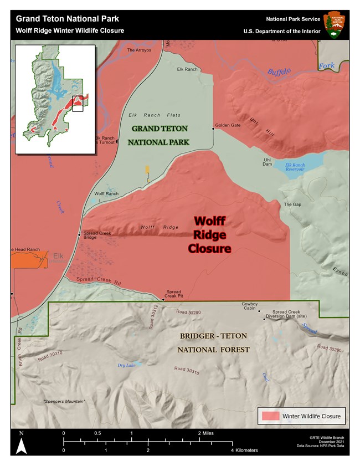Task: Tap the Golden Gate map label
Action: click(228, 125)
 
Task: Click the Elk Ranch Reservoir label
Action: click(295, 167)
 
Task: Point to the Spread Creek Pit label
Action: click(174, 294)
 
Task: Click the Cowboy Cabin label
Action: click(250, 306)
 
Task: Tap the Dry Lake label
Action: click(126, 365)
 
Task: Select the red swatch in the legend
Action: click(269, 416)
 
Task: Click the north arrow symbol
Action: click(20, 445)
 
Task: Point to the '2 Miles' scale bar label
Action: click(205, 433)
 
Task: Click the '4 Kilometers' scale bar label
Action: click(244, 450)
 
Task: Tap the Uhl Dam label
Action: click(267, 162)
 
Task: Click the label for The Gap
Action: click(292, 204)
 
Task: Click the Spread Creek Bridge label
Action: click(97, 235)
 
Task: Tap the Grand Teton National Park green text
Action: click(160, 135)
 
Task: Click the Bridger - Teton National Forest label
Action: click(213, 343)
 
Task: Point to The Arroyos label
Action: click(138, 50)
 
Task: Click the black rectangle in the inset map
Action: click(78, 103)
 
